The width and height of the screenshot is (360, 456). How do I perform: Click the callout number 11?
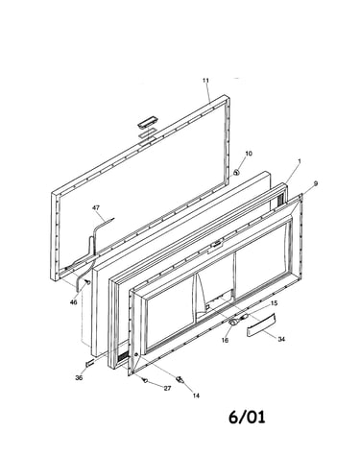pos(205,81)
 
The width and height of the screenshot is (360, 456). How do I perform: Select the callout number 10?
pos(249,154)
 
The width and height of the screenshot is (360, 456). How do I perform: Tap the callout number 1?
pos(300,162)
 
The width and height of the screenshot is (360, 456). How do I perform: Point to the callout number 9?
pos(316,183)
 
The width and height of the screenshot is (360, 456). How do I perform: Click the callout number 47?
pos(96,207)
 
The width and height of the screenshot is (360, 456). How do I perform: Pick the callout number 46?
pos(73,302)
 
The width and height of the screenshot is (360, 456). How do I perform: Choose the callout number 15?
pos(274,303)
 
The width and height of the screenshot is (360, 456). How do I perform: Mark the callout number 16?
pos(225,340)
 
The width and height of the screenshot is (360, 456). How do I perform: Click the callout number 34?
pos(281,339)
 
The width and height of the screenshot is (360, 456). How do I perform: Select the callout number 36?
pos(79,377)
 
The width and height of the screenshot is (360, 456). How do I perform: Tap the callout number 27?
pos(167,388)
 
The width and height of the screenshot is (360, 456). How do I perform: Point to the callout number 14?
pos(196,396)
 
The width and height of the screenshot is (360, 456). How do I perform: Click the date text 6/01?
pos(247,417)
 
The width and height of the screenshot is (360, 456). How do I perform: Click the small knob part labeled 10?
pos(236,173)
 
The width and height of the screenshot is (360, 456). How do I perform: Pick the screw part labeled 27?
pos(145,381)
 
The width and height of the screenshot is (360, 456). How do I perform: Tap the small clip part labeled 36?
pos(89,363)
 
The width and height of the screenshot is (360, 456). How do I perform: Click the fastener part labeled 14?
pos(180,380)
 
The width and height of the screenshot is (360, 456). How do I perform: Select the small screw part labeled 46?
pos(86,282)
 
